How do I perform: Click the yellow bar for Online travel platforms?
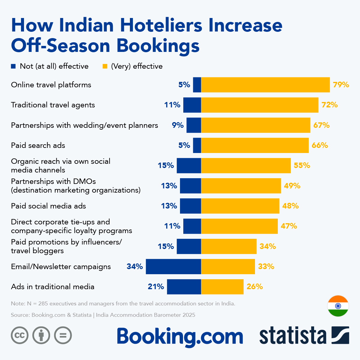tap(265, 85)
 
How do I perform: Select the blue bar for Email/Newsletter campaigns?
tap(173, 266)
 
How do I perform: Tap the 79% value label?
tap(341, 85)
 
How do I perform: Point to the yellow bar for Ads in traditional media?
tap(222, 287)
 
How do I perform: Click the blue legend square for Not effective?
tap(13, 66)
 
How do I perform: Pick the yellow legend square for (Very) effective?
tap(105, 66)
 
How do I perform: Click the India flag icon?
tap(338, 306)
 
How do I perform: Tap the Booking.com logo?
tap(180, 337)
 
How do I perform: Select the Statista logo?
tap(304, 335)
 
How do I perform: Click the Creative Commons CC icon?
tap(20, 335)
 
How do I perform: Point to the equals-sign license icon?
tap(63, 335)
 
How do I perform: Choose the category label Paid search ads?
tap(38, 145)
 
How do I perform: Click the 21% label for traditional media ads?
tap(156, 287)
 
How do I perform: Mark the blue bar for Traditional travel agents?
tap(192, 105)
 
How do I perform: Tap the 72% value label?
tap(329, 105)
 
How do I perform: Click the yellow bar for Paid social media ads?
tap(240, 206)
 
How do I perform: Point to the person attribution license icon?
tap(41, 335)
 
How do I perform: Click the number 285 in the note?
tap(43, 304)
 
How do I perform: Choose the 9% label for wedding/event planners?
tap(178, 125)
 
